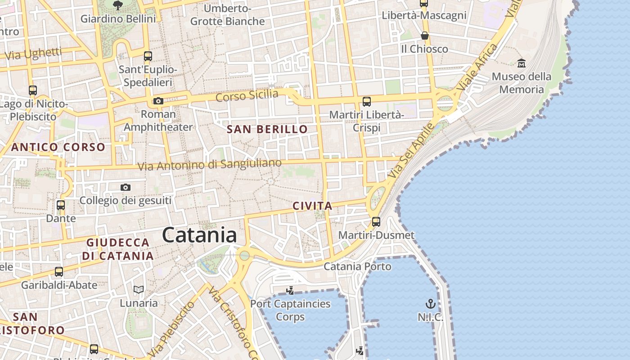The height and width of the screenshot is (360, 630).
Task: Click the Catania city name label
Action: pos(199,235)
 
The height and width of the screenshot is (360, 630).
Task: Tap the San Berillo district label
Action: pos(267,130)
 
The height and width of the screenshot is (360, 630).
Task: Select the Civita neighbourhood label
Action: pos(312,206)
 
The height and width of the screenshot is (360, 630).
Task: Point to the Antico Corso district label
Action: pos(58,147)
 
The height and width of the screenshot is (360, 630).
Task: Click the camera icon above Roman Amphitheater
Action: pos(158,101)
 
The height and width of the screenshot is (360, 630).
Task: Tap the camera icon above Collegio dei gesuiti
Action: pos(126,187)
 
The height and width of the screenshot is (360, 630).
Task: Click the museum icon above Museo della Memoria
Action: pos(522,63)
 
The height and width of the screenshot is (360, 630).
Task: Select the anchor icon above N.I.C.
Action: pos(430,303)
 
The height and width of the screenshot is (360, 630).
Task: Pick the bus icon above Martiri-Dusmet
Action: pos(376,221)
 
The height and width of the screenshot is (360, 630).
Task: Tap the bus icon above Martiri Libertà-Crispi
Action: pos(367,101)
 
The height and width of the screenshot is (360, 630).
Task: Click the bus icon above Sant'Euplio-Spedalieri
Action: pos(148,56)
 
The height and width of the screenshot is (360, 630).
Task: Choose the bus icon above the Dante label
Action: pos(61,205)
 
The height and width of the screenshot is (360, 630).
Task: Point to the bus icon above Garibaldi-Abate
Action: pos(59,271)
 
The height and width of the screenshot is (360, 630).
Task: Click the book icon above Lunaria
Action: pos(139,289)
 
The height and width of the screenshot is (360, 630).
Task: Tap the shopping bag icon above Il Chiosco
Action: pos(424,36)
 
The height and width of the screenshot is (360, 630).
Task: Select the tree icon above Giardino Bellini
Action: pos(118,5)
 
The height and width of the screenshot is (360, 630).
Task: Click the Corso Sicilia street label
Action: pos(247,95)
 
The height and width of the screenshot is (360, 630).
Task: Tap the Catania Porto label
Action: pos(358,266)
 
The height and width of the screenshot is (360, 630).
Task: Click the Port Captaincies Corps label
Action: pos(290,310)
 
